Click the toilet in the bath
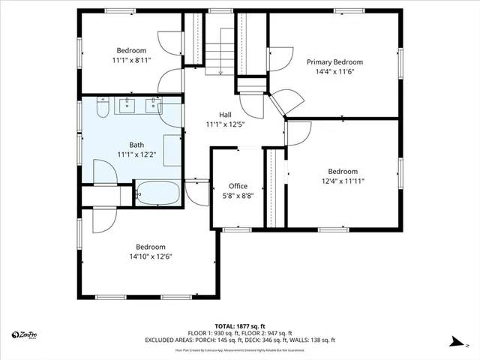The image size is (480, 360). [x=103, y=107]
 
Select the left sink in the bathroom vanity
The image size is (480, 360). [x=127, y=106]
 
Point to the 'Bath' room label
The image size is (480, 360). [x=136, y=145]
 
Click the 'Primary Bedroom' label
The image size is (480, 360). [x=334, y=62]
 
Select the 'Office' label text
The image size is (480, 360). [x=238, y=186]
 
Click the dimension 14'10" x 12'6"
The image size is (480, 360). [x=150, y=256]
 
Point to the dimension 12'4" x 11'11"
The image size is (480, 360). [x=342, y=180]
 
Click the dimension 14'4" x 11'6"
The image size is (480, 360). [x=334, y=72]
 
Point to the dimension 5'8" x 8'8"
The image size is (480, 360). [x=238, y=195]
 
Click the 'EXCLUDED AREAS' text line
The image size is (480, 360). [x=239, y=340]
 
